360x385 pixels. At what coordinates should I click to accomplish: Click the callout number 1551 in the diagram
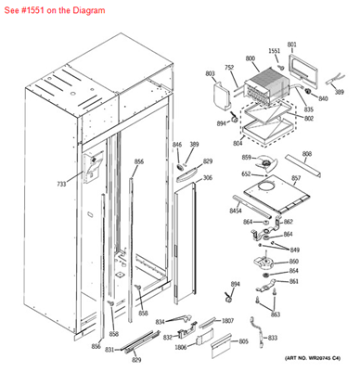[x=274, y=51]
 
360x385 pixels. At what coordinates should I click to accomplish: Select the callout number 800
[x=251, y=58]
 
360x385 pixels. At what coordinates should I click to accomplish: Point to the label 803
[x=210, y=72]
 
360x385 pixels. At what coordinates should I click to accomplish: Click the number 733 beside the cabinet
[x=61, y=185]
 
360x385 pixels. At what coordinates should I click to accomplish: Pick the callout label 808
[x=306, y=154]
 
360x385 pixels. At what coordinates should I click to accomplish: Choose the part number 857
[x=296, y=178]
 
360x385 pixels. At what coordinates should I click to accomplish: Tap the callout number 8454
[x=236, y=211]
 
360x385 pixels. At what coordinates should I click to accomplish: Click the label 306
[x=207, y=178]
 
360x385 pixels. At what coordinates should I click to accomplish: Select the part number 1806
[x=181, y=347]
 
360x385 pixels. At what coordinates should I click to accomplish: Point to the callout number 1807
[x=227, y=321]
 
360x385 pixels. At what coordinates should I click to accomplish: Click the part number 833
[x=272, y=338]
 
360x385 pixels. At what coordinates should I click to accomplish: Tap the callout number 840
[x=323, y=98]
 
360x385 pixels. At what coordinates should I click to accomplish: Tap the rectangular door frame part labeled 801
[x=305, y=66]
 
